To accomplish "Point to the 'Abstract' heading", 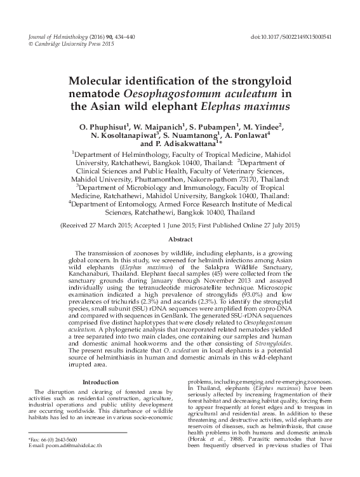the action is tap(180, 240).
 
